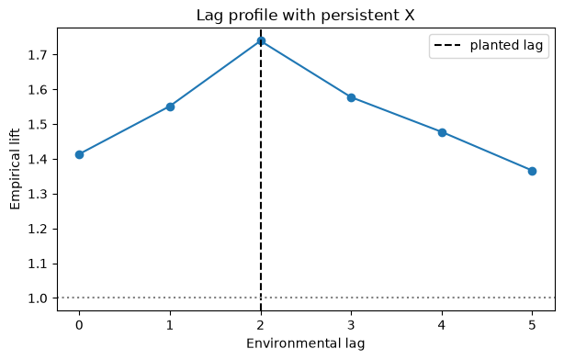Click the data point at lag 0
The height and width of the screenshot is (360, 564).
point(80,154)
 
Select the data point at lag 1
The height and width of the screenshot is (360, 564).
point(170,107)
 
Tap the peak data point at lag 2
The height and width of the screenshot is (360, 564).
point(261,41)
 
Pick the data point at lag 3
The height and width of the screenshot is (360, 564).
point(352,98)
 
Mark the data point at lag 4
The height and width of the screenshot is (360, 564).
point(442,133)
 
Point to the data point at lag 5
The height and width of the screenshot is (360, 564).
point(533,171)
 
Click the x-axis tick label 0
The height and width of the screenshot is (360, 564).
point(79,325)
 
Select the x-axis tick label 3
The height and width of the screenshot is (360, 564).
point(351,325)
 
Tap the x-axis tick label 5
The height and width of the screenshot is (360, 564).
point(533,325)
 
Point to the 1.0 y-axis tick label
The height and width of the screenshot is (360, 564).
point(38,298)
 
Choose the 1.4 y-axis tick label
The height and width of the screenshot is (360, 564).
point(38,159)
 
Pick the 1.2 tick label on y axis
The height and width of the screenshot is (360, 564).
point(38,229)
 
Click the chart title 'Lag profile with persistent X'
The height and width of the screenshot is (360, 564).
point(305,16)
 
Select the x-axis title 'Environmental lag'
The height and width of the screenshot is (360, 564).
point(305,343)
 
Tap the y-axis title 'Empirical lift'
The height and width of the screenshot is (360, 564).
point(15,169)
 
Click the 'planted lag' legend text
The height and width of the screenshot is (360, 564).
point(506,45)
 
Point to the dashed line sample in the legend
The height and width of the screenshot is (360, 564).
point(447,45)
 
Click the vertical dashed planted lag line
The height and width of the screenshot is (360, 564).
point(261,169)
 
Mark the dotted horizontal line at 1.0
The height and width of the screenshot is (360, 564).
point(306,298)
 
